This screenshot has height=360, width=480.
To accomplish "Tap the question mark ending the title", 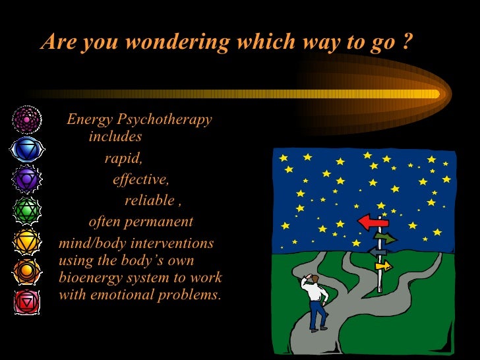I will click(406, 42).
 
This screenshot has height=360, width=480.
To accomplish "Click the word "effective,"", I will click(140, 179).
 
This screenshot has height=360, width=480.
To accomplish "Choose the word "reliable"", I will click(150, 200).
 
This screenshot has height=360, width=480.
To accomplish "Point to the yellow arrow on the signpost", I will click(383, 266).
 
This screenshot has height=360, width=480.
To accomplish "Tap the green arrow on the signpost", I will click(386, 238).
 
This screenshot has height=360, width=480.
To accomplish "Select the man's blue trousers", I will click(318, 313).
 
